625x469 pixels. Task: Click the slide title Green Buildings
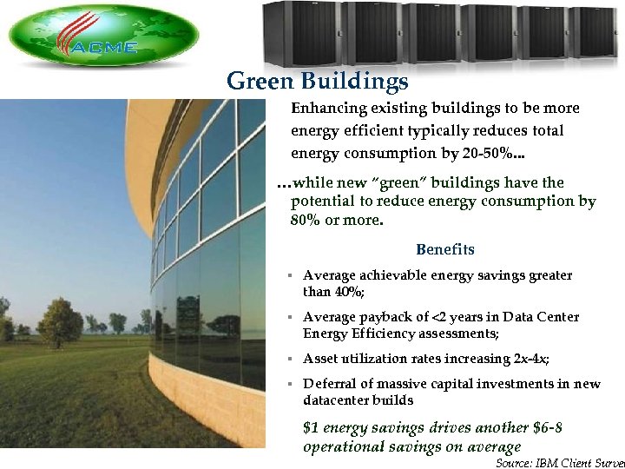(317, 82)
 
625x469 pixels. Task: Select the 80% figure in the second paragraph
(306, 220)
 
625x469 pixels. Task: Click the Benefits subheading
(445, 250)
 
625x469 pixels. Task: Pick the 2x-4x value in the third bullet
(528, 359)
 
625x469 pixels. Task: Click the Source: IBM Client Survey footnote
(560, 463)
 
